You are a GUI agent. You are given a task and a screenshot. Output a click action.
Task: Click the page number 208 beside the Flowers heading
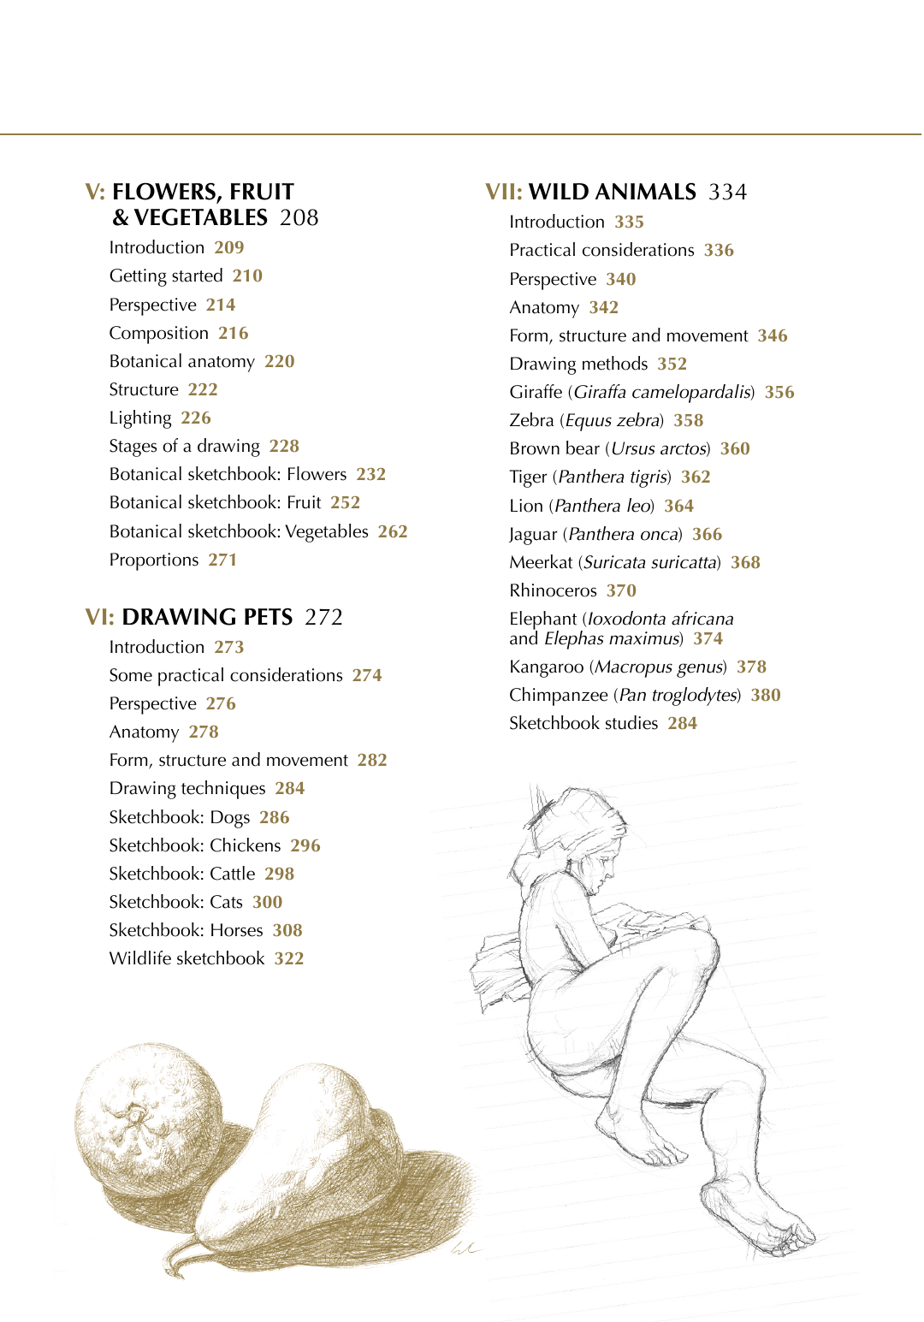[x=299, y=217]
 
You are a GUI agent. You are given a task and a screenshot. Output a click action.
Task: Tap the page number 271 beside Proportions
[x=222, y=560]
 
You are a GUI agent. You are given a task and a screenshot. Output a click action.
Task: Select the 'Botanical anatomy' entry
[x=181, y=361]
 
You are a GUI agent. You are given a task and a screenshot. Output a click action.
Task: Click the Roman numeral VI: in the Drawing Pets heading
[x=99, y=617]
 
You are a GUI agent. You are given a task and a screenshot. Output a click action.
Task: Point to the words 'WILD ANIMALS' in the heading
[x=612, y=192]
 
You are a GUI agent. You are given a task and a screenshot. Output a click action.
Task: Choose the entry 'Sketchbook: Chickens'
[x=194, y=845]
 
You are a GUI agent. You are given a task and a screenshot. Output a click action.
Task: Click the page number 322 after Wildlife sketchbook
[x=289, y=958]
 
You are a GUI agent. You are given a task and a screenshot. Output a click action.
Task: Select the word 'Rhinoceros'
[x=553, y=590]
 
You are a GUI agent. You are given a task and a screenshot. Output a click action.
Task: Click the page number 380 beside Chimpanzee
[x=766, y=695]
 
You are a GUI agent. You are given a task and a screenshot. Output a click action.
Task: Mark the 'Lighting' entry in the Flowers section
[x=140, y=418]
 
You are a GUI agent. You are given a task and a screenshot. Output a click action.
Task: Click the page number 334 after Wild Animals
[x=727, y=192]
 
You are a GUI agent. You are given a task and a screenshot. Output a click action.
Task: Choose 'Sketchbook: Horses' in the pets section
[x=186, y=930]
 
